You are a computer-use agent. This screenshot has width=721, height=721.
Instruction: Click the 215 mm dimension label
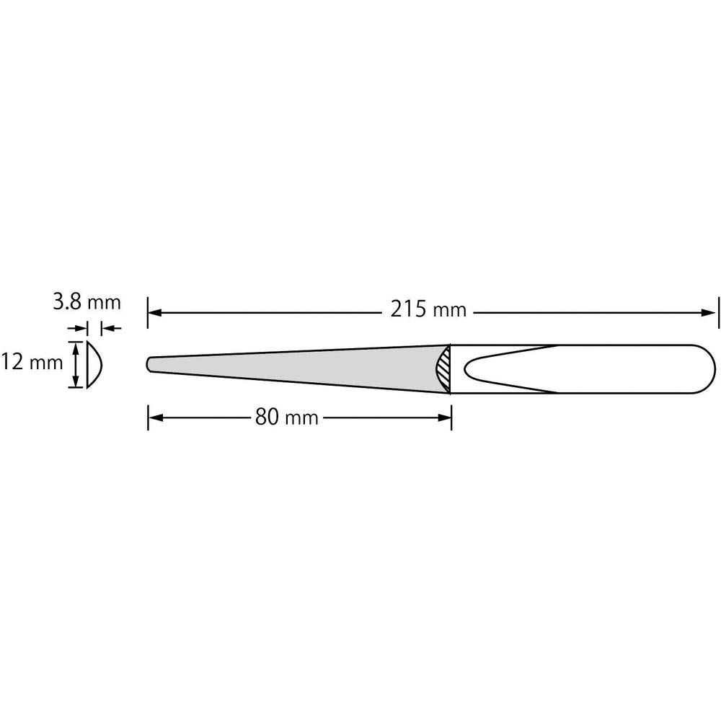tap(428, 310)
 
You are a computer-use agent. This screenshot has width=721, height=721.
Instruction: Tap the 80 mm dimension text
tap(287, 417)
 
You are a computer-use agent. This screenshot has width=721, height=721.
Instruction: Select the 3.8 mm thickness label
tap(87, 303)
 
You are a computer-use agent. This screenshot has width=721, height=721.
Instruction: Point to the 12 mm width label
tap(31, 363)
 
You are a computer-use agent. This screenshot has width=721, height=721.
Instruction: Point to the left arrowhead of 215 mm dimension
tap(154, 313)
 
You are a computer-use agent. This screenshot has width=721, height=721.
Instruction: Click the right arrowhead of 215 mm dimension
tap(709, 313)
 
